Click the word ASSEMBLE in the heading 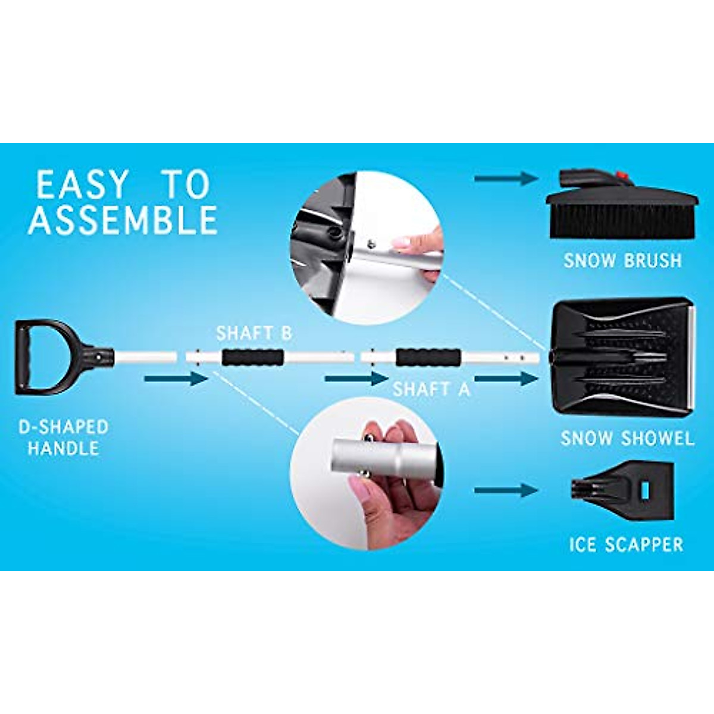pos(123,220)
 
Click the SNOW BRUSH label pos(622,261)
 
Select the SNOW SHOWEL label pos(627,439)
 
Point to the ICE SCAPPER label pos(626,544)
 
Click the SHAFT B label pos(254,333)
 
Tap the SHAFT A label pos(431,389)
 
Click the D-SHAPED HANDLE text pos(63,437)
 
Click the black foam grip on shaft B pos(252,358)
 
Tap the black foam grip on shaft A pos(428,358)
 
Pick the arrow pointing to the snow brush pos(506,177)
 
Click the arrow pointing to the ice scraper pos(506,490)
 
